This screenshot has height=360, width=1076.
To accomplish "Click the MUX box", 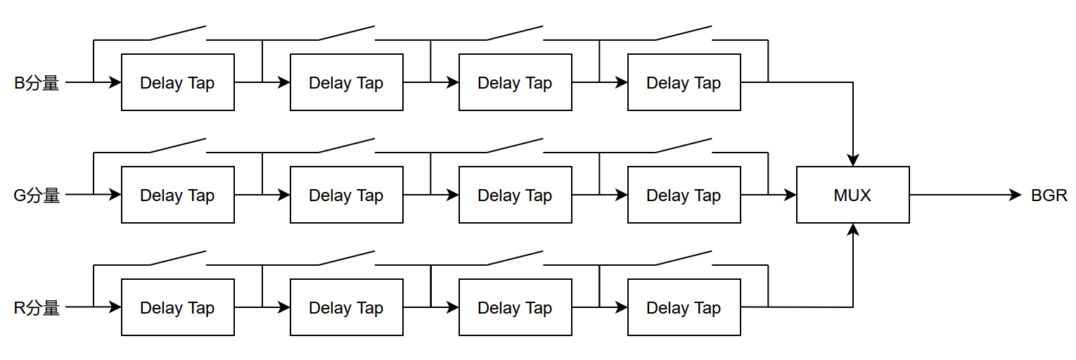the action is click(x=852, y=195).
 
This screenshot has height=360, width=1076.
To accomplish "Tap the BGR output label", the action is click(x=1049, y=195).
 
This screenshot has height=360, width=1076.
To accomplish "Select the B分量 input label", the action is click(x=37, y=83).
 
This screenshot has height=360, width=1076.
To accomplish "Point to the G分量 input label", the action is click(x=37, y=195).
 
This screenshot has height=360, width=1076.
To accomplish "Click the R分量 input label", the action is click(x=37, y=308).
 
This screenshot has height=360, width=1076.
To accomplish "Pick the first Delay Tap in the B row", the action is click(x=178, y=82).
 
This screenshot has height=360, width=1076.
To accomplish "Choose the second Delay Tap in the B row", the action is click(x=346, y=82).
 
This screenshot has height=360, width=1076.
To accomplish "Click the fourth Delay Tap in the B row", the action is click(x=684, y=82).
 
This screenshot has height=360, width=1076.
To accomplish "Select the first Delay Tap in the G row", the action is click(x=178, y=195).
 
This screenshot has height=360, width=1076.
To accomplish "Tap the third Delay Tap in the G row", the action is click(x=515, y=195).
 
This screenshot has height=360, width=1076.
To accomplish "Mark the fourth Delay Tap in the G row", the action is click(x=684, y=195).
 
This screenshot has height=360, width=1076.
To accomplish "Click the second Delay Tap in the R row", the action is click(x=346, y=307).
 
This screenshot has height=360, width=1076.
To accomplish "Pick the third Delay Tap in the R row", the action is click(x=515, y=307).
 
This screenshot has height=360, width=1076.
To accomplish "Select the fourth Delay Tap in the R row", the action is click(x=684, y=307).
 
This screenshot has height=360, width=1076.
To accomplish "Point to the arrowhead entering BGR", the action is click(x=1016, y=195).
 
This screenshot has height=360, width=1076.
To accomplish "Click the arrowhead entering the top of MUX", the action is click(x=852, y=160).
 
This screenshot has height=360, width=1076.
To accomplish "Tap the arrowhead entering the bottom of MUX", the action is click(x=852, y=229).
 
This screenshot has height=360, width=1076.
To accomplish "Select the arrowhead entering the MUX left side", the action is click(x=790, y=195).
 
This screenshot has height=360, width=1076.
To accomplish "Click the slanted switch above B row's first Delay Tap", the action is click(x=178, y=33).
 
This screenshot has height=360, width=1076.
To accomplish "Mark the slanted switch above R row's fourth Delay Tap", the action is click(x=684, y=258).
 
